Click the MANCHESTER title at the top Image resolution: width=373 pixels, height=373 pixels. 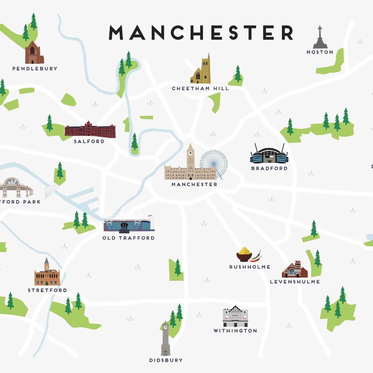point(201,33)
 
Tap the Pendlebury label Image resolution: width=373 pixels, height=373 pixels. point(35,69)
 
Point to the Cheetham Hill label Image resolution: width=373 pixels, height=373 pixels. point(200,89)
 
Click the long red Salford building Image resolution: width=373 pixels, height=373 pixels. point(90,130)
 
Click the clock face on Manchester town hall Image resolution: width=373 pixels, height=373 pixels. point(190,153)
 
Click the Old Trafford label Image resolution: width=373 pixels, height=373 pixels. point(128,238)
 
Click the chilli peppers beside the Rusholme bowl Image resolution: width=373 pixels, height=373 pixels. point(257,256)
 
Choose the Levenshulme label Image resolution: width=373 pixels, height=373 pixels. point(295,282)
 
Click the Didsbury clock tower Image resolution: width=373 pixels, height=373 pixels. point(165,339)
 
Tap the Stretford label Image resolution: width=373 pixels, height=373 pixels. point(47,290)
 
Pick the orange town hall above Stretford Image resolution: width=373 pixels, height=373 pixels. point(47,275)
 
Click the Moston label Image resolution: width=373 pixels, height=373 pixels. point(320,52)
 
